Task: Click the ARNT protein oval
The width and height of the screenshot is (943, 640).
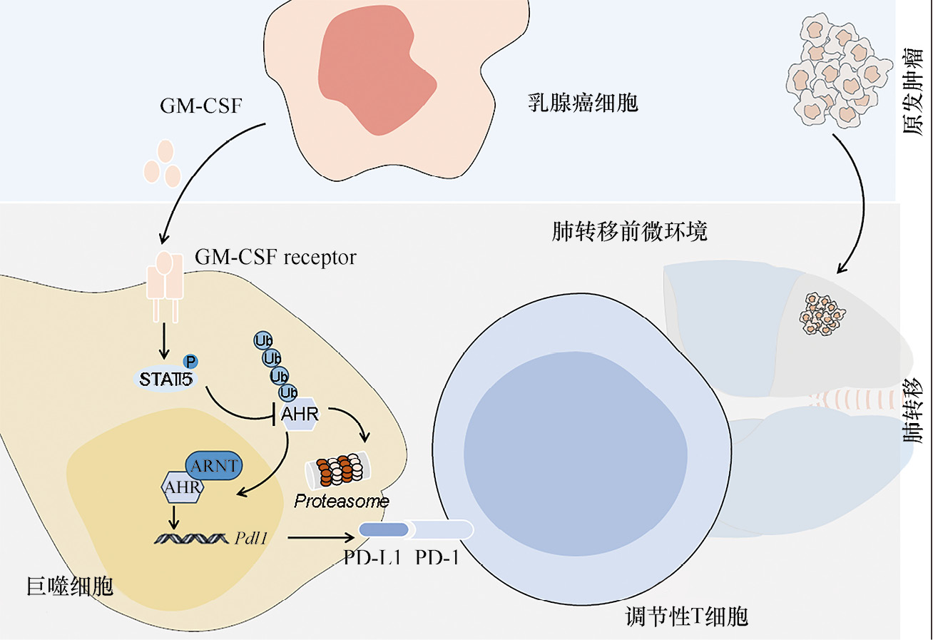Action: click(x=214, y=467)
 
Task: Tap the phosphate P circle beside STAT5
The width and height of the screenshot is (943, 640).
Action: click(x=190, y=362)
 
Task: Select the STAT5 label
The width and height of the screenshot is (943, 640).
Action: click(x=166, y=379)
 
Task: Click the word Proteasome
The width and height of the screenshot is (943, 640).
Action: click(x=342, y=502)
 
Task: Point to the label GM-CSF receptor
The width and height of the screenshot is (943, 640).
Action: click(x=275, y=257)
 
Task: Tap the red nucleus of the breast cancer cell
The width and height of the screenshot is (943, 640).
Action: click(x=374, y=74)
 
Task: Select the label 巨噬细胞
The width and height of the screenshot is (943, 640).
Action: click(x=70, y=586)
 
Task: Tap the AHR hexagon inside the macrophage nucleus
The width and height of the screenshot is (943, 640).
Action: click(x=182, y=488)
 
